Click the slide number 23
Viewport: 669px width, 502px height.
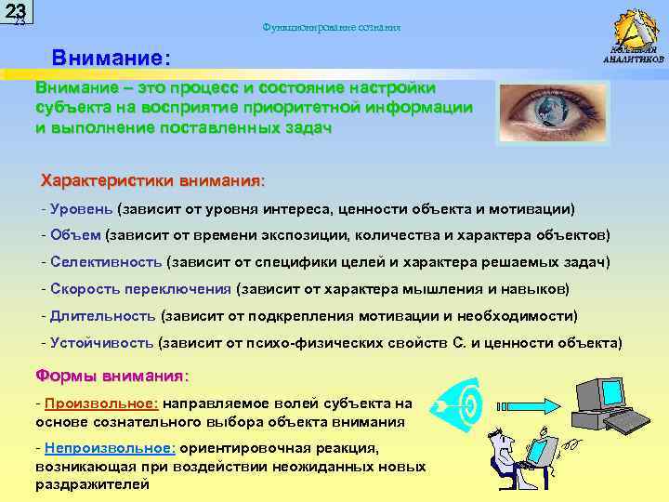(x=16, y=12)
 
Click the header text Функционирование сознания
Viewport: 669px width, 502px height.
(x=332, y=28)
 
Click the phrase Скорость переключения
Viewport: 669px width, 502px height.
(x=140, y=288)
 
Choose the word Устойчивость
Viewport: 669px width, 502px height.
(x=102, y=342)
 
